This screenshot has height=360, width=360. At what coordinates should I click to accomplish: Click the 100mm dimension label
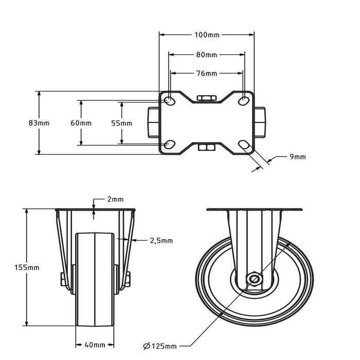tap(207, 35)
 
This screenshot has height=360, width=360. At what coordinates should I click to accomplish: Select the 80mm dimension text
tap(207, 55)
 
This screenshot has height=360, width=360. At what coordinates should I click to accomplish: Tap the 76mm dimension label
tap(207, 74)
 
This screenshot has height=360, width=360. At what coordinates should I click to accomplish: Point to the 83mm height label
tap(39, 123)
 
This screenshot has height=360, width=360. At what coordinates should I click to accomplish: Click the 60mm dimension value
tap(81, 123)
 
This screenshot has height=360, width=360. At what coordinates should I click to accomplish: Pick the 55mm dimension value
tap(122, 123)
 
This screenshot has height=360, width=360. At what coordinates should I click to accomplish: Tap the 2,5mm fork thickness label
tap(161, 240)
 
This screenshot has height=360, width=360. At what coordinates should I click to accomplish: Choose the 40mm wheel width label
tap(95, 345)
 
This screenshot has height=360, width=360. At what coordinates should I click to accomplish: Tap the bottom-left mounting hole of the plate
tap(169, 145)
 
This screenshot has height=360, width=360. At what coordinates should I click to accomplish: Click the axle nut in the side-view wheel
tap(254, 279)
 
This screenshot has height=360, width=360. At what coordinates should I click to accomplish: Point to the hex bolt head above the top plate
tap(207, 98)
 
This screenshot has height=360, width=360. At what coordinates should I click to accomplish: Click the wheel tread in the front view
tap(95, 280)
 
